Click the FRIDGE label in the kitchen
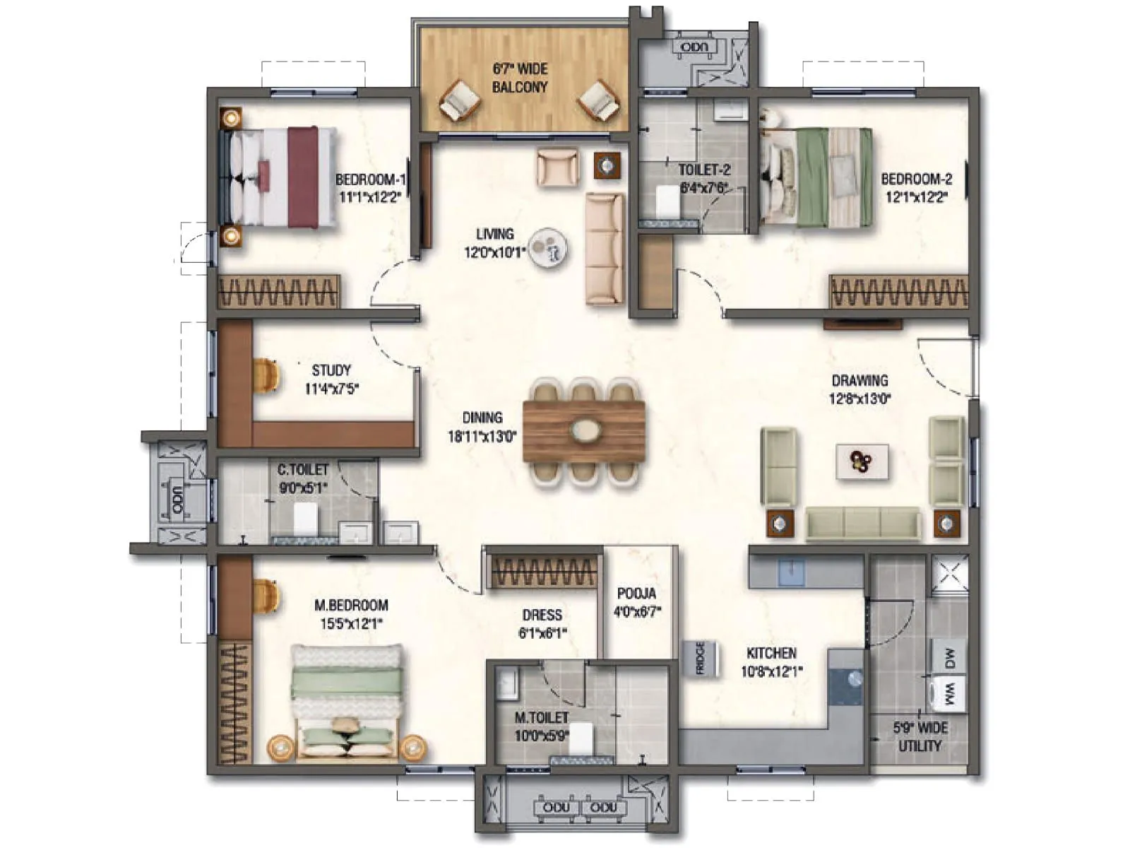[701, 658]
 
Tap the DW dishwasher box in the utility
[949, 658]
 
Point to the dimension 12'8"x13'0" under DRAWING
[860, 399]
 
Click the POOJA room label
[636, 594]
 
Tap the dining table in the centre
[584, 432]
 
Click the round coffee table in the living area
[549, 248]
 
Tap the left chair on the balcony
[460, 100]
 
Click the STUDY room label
[331, 370]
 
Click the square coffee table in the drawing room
[862, 462]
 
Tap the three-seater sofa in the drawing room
[863, 524]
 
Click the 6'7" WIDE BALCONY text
[520, 78]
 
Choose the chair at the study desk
[266, 375]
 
